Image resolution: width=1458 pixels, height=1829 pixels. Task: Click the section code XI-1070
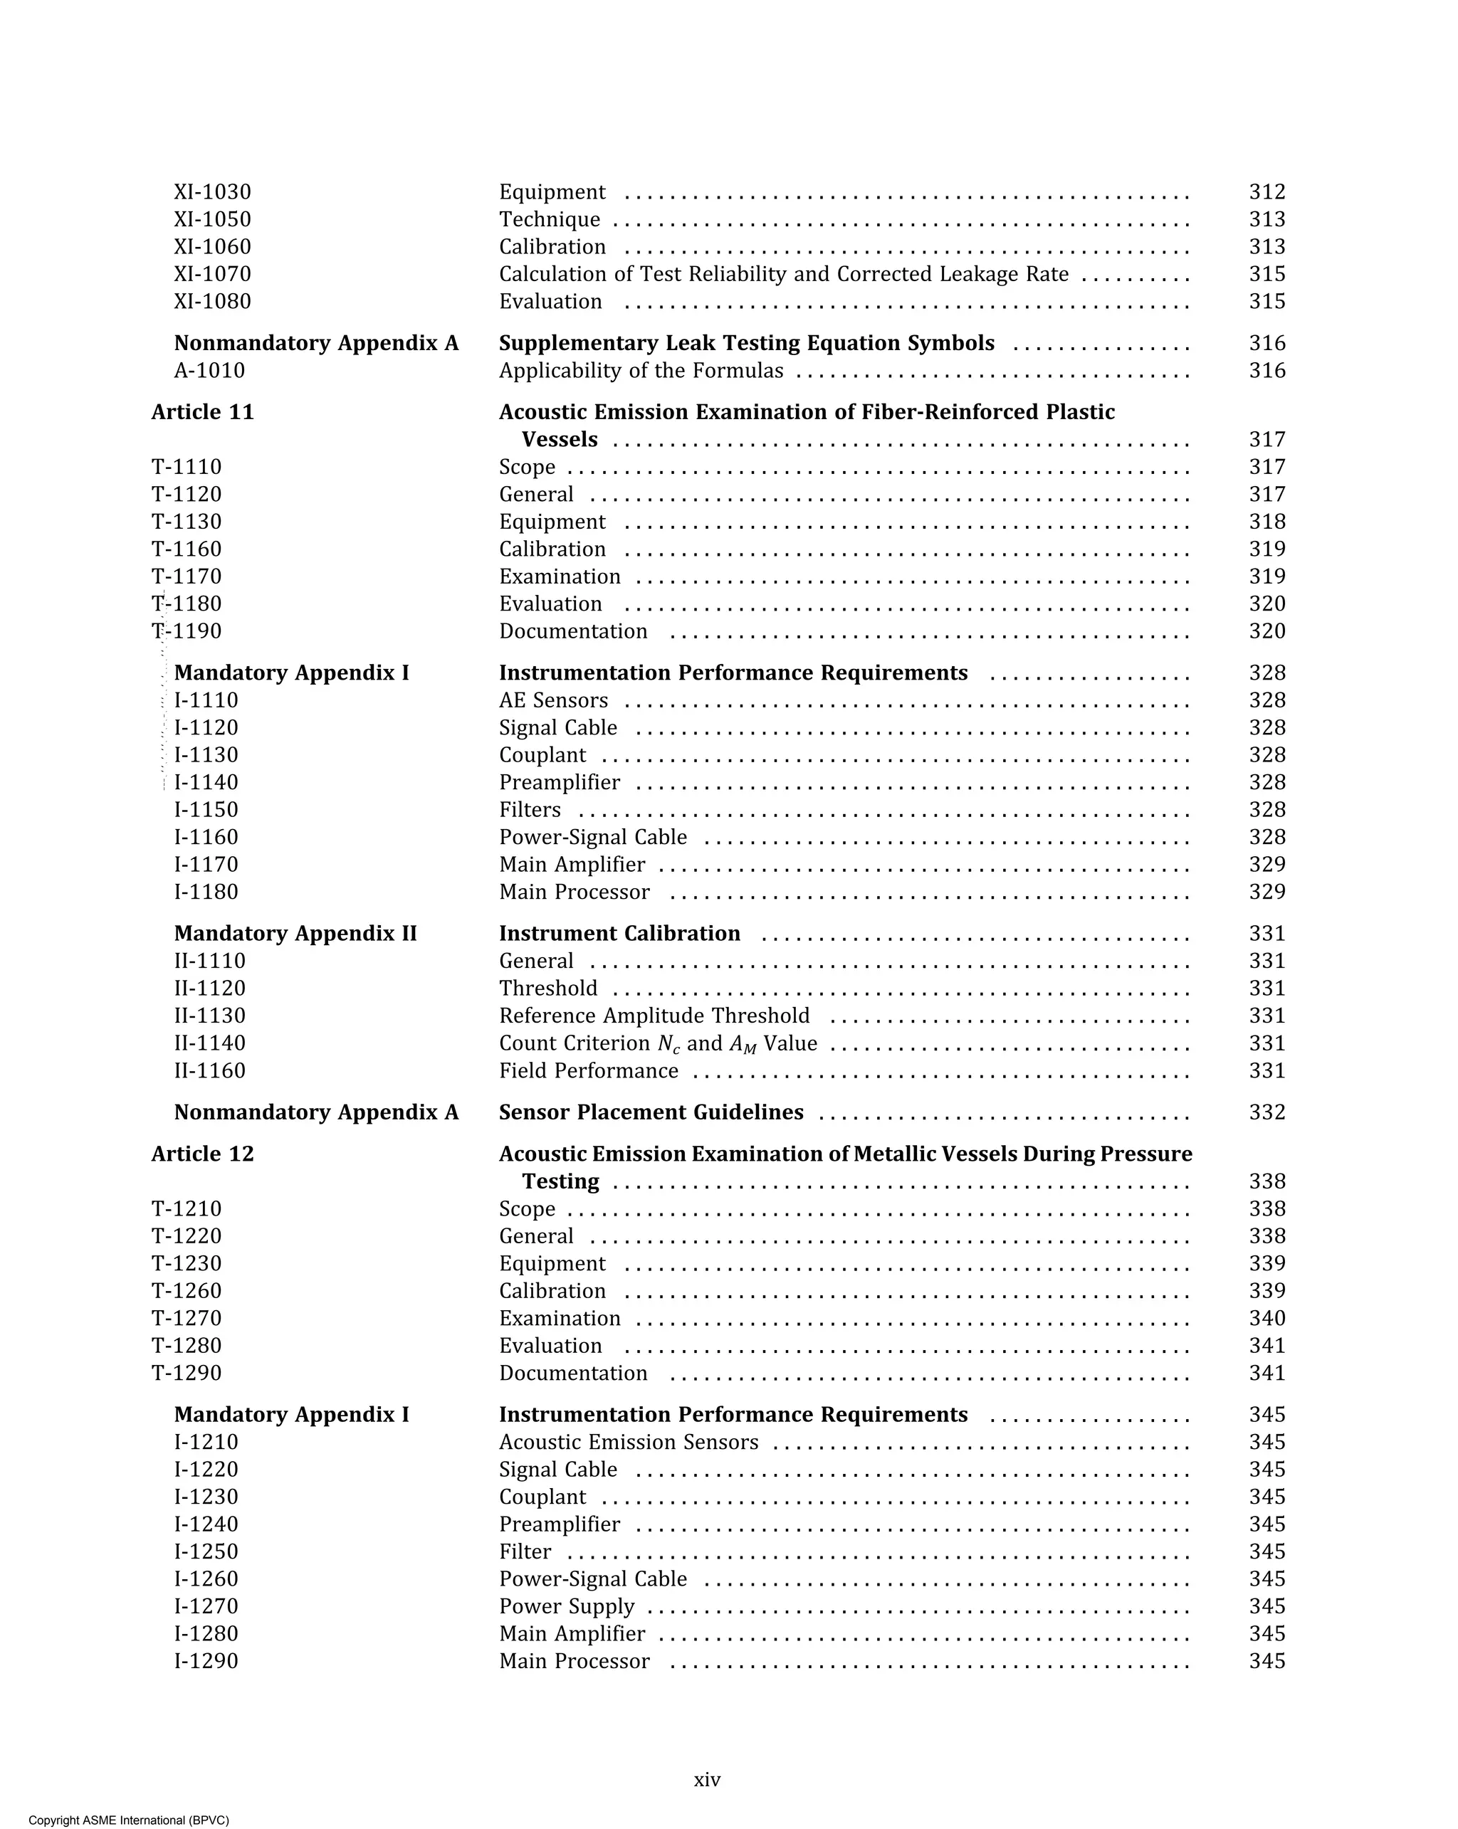tap(212, 274)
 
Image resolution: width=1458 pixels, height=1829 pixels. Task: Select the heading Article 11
tap(202, 412)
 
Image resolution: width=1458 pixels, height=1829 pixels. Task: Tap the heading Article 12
tap(202, 1154)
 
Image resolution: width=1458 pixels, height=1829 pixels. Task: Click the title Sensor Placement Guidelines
tap(650, 1112)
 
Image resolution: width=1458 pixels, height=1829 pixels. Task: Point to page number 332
tap(1266, 1112)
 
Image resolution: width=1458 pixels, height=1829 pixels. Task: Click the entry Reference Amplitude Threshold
tap(654, 1016)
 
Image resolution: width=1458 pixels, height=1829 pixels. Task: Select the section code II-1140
tap(209, 1043)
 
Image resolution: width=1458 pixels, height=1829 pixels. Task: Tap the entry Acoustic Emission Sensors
tap(628, 1442)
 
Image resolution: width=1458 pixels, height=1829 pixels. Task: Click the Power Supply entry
tap(566, 1607)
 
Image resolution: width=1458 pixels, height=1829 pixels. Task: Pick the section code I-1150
tap(206, 810)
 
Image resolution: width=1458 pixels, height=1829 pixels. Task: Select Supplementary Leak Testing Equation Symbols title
tap(746, 344)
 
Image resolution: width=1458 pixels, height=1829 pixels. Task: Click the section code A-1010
tap(209, 371)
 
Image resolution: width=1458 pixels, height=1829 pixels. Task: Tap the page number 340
tap(1266, 1318)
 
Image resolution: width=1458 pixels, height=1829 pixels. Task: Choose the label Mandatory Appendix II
tap(295, 934)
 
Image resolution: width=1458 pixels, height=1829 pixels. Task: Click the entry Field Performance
tap(588, 1072)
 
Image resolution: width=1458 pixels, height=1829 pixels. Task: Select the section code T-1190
tap(187, 631)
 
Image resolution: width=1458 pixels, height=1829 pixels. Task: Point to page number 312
tap(1266, 193)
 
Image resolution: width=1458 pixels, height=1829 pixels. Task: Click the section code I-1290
tap(206, 1661)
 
